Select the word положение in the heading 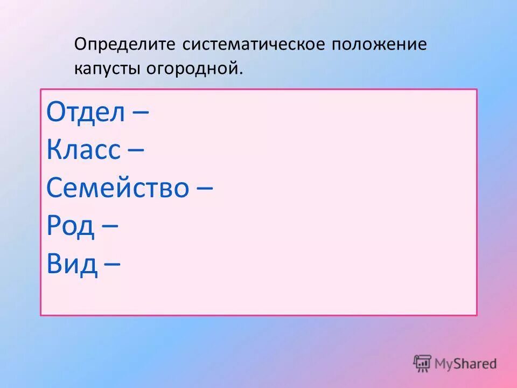click(x=379, y=44)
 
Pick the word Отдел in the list click(x=86, y=113)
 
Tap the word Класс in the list click(x=83, y=151)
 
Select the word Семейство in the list click(x=118, y=189)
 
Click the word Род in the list click(x=71, y=226)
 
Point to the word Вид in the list click(x=72, y=264)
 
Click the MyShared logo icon click(x=423, y=363)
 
